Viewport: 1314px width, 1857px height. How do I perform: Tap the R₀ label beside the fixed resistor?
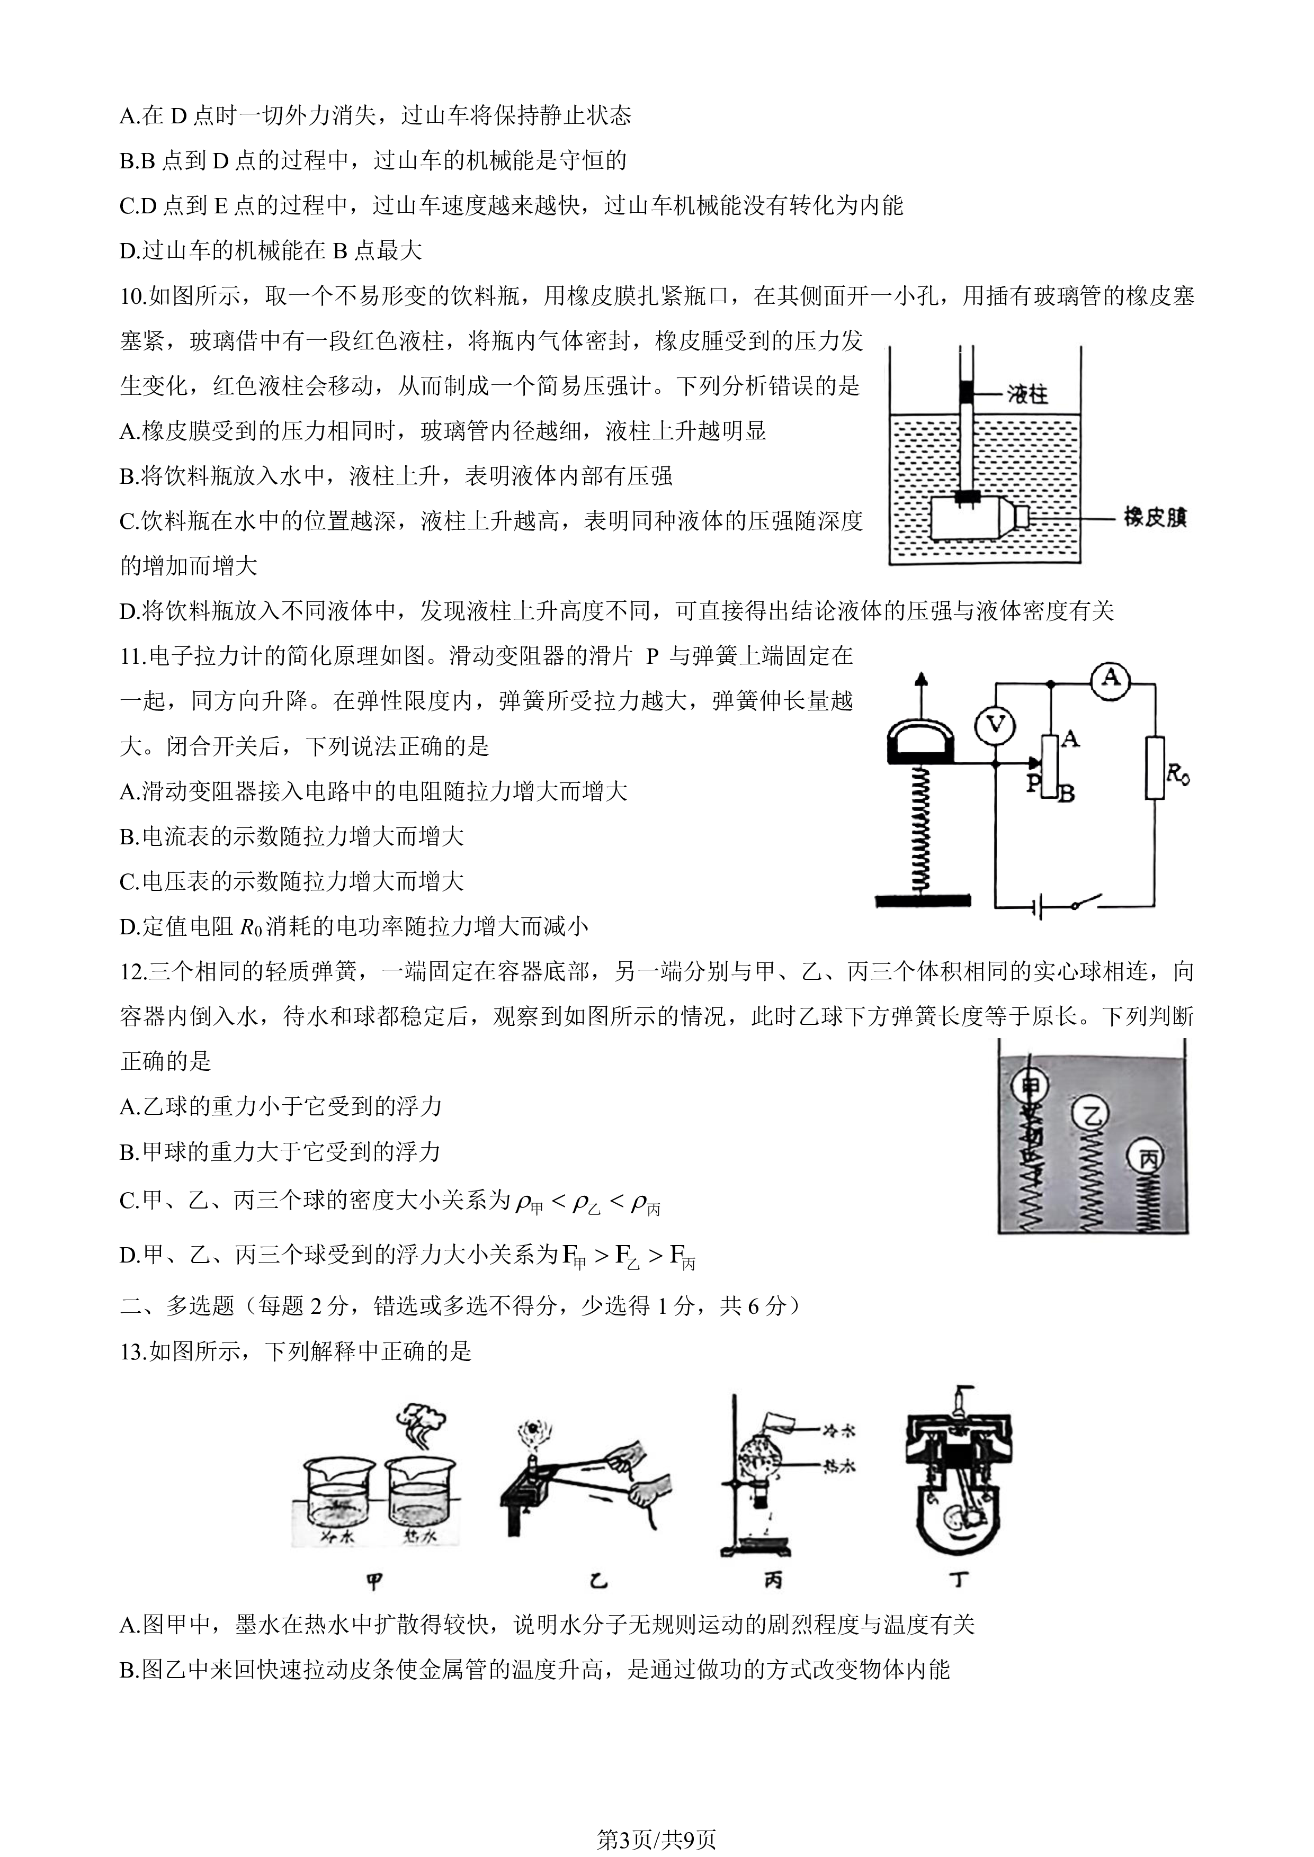(1178, 775)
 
